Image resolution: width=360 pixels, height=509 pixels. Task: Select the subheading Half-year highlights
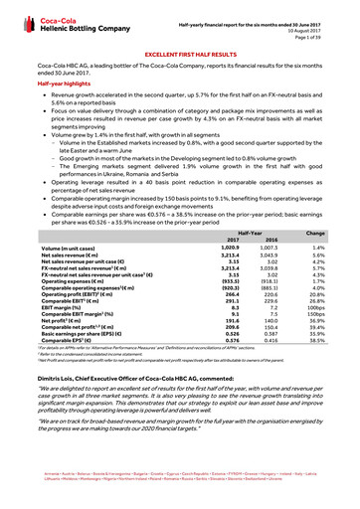pos(61,85)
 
